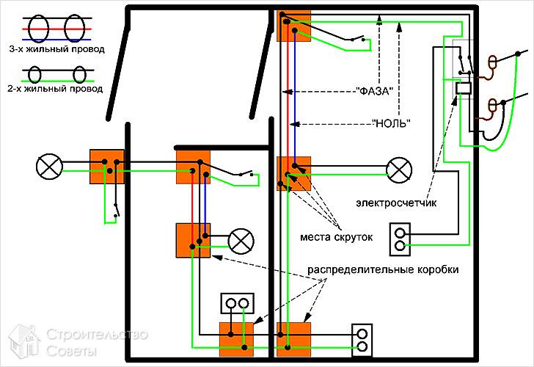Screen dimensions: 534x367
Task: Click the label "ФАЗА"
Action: coord(375,91)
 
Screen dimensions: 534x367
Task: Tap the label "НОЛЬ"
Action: coord(391,123)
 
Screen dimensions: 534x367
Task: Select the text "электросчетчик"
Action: coord(396,203)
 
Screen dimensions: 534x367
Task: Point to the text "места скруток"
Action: coord(336,237)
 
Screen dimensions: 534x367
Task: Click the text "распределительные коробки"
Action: coord(383,269)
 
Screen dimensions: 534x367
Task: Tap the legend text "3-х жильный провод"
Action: coord(56,49)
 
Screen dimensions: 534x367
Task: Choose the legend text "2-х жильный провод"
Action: coord(55,89)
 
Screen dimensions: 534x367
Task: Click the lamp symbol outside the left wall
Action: coord(49,167)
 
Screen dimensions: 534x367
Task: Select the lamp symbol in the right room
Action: coord(399,170)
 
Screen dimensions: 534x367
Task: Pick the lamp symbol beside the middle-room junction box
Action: coord(241,241)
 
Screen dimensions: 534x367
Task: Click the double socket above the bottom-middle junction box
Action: coord(238,303)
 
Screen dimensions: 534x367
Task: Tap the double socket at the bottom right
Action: coord(362,340)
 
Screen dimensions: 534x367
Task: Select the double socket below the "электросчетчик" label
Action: coord(400,239)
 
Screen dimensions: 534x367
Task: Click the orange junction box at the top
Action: coord(294,26)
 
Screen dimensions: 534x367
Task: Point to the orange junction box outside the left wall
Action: coord(106,167)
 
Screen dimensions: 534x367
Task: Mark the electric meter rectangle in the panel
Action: coord(463,88)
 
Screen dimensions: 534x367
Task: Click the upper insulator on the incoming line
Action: coord(492,63)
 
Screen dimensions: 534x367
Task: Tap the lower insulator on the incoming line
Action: coord(492,106)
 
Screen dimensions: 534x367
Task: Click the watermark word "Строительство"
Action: coord(97,335)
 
